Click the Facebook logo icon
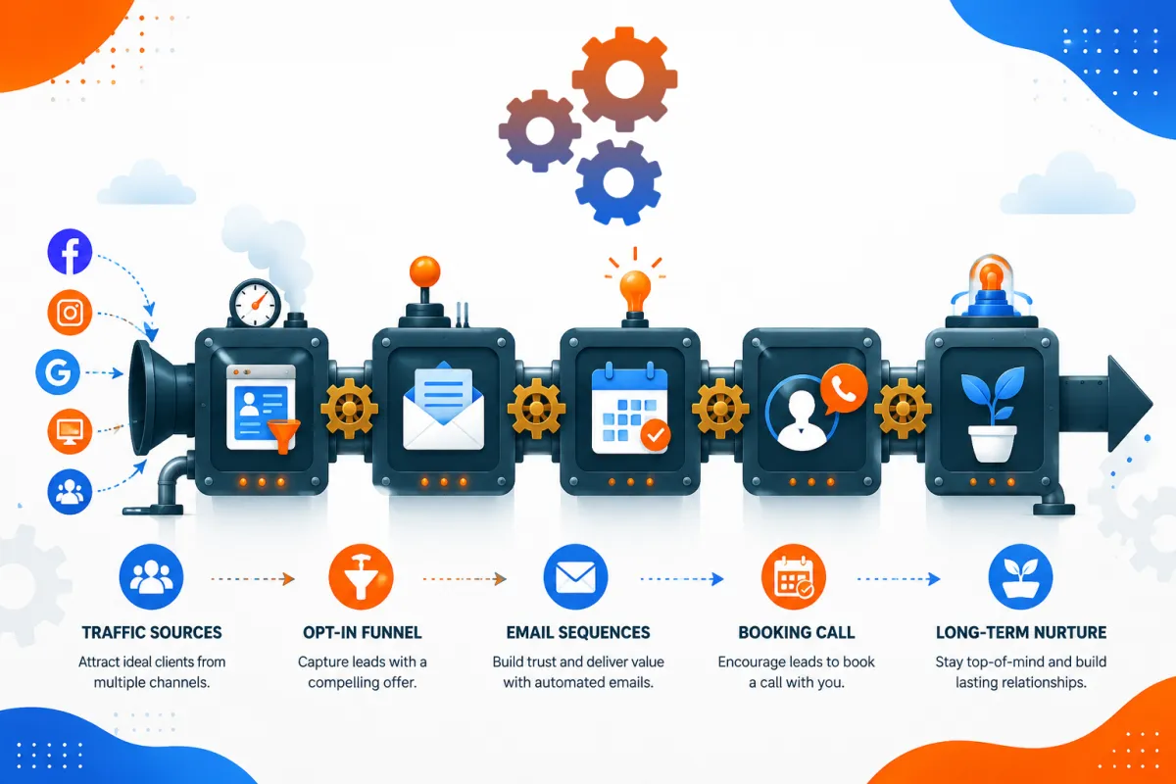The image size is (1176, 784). [x=70, y=252]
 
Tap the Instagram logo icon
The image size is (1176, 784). [x=70, y=313]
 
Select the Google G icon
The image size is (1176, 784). [x=58, y=372]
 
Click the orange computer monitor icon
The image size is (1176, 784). [x=70, y=431]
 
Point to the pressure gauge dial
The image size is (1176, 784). [x=256, y=304]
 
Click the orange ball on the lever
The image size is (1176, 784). [x=424, y=271]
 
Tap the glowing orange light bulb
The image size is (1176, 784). [x=635, y=289]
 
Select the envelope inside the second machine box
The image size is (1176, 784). [x=444, y=407]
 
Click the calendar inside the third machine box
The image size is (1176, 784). [x=630, y=409]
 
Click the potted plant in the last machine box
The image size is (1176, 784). [x=993, y=415]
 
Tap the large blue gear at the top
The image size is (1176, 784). [x=618, y=182]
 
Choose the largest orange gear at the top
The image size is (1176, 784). [x=625, y=79]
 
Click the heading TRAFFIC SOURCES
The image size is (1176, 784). [x=152, y=632]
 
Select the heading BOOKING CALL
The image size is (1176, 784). [x=797, y=632]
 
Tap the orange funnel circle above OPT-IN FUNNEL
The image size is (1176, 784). [x=361, y=576]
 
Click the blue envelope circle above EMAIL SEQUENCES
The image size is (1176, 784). [x=575, y=576]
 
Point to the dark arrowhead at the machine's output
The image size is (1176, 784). [x=1130, y=404]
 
